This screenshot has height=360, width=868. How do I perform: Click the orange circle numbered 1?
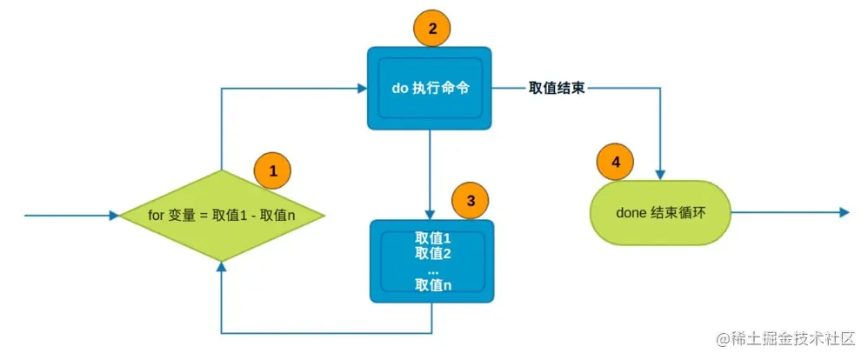tap(272, 171)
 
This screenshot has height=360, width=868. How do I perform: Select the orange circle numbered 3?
tap(471, 200)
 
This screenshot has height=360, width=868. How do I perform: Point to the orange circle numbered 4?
tap(616, 162)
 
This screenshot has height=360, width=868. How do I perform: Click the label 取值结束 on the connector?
tap(557, 88)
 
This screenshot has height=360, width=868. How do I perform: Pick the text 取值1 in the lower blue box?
tap(432, 238)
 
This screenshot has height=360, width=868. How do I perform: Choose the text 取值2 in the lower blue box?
tap(432, 253)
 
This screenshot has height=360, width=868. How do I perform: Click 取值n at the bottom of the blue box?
tap(432, 284)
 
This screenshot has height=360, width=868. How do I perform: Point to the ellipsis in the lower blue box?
tap(432, 270)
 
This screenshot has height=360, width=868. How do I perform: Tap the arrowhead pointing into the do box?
tap(358, 88)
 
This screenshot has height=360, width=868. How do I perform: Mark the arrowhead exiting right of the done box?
tap(842, 212)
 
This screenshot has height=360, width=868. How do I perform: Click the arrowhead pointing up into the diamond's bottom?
tap(222, 266)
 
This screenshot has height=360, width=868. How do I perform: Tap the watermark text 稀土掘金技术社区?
tap(791, 337)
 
